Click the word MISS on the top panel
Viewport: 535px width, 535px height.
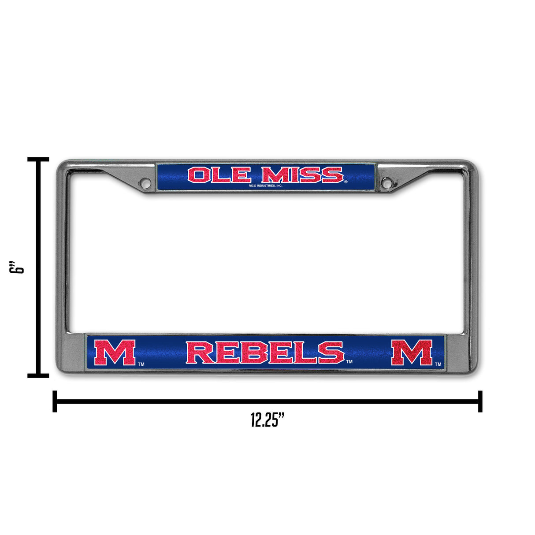[302, 175]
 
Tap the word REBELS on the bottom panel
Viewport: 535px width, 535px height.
[265, 353]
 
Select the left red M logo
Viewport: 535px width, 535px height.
[115, 353]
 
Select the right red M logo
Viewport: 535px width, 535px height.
[412, 353]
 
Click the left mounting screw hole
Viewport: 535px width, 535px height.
[145, 182]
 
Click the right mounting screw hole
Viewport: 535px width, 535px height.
[386, 182]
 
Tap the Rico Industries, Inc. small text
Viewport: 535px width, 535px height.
[265, 186]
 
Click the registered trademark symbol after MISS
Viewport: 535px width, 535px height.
[346, 182]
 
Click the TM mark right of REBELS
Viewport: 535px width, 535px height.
[349, 362]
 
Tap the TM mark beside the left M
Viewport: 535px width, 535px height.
[141, 364]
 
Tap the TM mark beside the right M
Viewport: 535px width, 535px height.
[438, 364]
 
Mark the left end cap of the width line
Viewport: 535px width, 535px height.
[55, 401]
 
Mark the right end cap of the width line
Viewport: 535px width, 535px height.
[480, 401]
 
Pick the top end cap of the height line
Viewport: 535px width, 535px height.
[38, 159]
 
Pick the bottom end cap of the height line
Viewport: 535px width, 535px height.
[38, 375]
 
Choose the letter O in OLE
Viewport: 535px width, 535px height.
[197, 175]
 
